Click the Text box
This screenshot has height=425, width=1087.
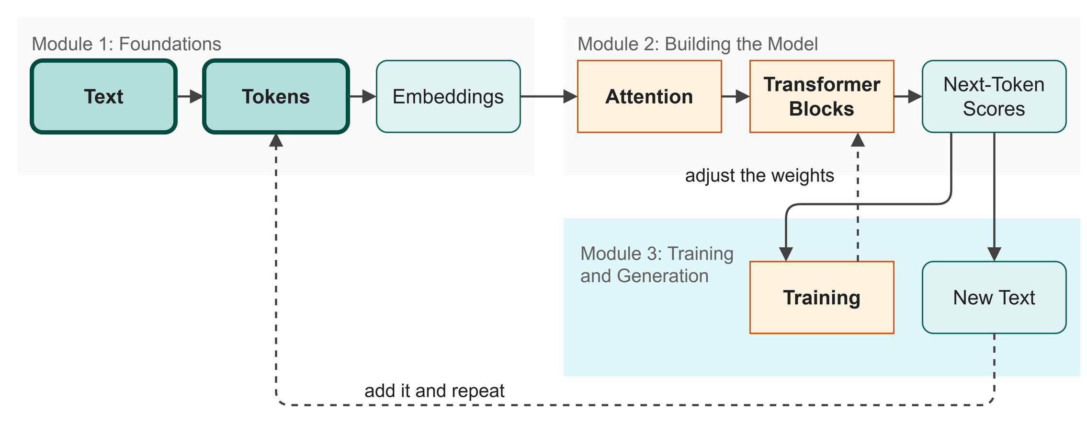pos(103,96)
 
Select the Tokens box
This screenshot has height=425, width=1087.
pos(276,96)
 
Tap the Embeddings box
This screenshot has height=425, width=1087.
pos(448,96)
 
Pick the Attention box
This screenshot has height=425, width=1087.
pos(649,96)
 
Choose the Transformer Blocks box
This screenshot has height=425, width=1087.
pos(822,96)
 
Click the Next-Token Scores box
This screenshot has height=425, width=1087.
pos(994,96)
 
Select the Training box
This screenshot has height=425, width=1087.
pos(822,298)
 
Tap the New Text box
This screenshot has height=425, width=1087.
pos(994,298)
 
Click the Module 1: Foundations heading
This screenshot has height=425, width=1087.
pos(126,44)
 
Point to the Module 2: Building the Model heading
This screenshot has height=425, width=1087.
pos(698,44)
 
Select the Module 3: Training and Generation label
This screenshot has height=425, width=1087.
pos(657,265)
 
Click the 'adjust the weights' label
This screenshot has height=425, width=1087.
pos(759,176)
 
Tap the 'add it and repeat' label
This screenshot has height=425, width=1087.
pos(434,391)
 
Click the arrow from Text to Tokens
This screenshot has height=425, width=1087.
pos(190,96)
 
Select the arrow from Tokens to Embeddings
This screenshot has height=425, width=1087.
pos(362,96)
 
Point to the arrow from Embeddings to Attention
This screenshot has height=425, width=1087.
pos(549,96)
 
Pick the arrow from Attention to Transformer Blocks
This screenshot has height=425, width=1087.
pos(736,96)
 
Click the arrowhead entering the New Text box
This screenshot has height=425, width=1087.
pos(995,254)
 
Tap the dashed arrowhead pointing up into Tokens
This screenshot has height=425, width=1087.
pos(276,140)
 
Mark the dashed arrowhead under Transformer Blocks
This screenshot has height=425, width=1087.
pos(858,139)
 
